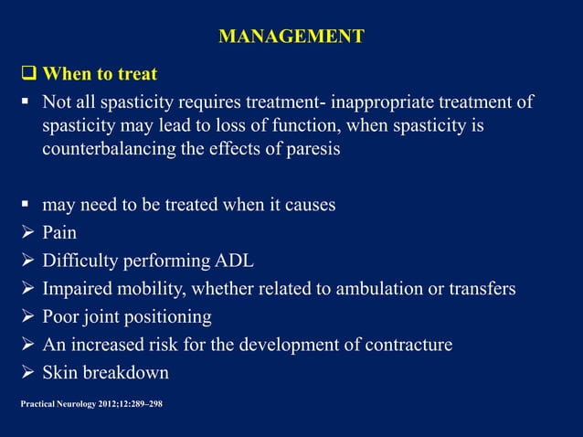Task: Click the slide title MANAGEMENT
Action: coord(291,37)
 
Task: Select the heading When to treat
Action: coord(100,74)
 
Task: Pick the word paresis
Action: coord(311,150)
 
